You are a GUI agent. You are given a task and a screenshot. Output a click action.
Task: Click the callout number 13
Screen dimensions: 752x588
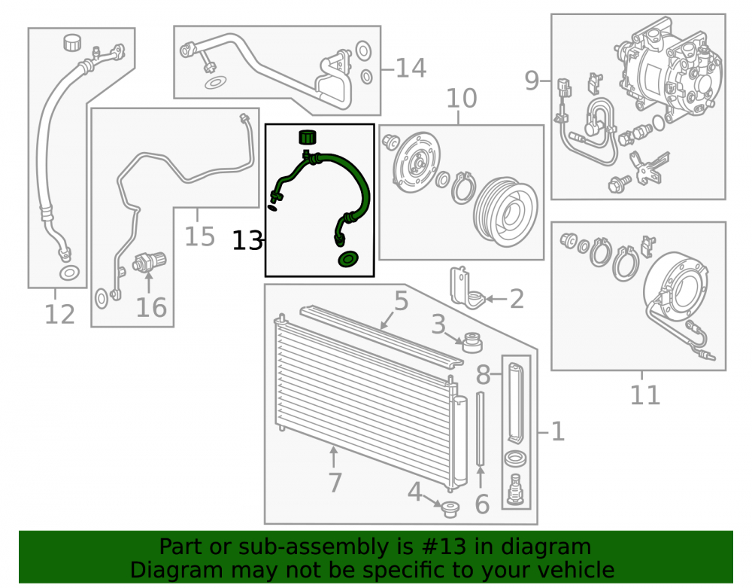[247, 240]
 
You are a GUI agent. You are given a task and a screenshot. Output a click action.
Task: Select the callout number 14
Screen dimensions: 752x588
[411, 69]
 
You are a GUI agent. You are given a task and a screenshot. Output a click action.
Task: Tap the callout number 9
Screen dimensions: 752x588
[532, 80]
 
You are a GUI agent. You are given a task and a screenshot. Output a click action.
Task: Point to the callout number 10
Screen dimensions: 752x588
[462, 99]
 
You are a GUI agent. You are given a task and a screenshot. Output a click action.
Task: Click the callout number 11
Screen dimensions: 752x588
[645, 395]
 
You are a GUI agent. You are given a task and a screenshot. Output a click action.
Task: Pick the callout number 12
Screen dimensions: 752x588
[59, 315]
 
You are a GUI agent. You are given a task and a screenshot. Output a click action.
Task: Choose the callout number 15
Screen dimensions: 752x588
[199, 236]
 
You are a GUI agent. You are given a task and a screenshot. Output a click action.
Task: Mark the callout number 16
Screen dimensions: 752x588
[151, 308]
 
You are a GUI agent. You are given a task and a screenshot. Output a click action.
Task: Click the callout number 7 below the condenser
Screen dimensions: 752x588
[335, 483]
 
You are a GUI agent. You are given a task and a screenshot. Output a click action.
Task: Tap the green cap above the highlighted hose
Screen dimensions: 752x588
[308, 137]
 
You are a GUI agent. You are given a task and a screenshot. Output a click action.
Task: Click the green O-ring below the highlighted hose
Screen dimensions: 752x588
[347, 259]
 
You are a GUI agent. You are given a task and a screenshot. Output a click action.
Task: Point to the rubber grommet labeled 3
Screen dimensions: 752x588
[471, 343]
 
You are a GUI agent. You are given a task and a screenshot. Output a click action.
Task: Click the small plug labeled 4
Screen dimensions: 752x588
[450, 509]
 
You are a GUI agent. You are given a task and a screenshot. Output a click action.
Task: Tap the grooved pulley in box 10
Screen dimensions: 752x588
[505, 212]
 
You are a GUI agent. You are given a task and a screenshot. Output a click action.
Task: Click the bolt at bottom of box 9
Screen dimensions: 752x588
[619, 184]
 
